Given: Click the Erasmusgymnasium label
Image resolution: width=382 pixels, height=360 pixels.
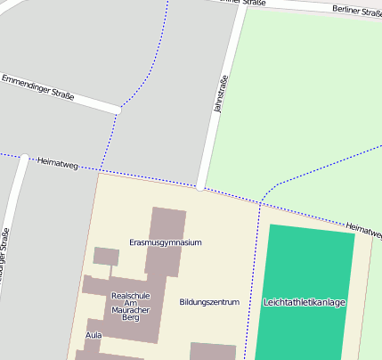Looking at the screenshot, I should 166,242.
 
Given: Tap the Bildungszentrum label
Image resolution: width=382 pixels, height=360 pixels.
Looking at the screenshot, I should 209,302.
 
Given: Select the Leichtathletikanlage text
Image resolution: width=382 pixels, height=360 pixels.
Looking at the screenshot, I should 304,302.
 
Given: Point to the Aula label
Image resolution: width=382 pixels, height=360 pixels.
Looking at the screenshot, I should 93,335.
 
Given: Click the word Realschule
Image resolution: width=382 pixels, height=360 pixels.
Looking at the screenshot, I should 131,295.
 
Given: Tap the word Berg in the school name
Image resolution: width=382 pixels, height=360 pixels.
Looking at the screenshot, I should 131,317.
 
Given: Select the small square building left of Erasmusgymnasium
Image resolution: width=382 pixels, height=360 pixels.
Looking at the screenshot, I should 106,257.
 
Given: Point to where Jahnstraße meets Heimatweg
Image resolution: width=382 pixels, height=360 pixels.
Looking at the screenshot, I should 200,187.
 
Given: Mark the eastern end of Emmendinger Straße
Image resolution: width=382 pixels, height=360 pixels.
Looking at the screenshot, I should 118,110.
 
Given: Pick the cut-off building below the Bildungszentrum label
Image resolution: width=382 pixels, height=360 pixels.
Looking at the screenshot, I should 213,351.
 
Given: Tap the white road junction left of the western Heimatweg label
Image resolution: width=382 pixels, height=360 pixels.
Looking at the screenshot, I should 24,159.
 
